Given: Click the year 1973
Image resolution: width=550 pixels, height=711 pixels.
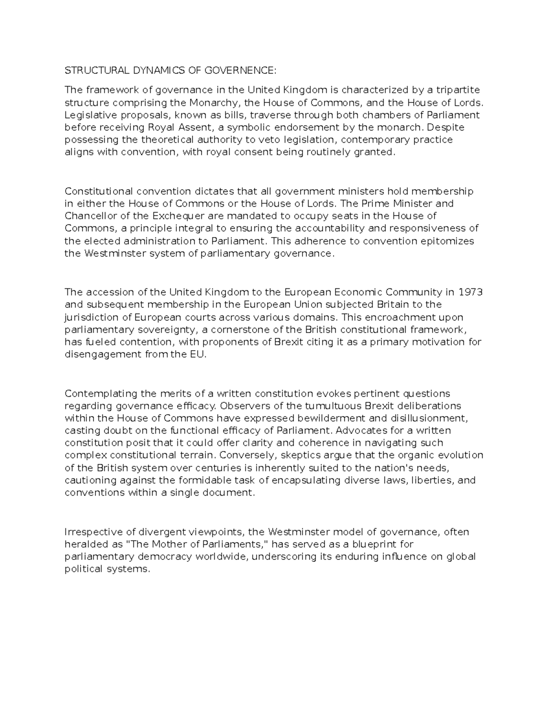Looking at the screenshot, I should (470, 292).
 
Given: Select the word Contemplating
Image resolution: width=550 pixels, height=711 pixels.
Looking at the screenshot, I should (95, 394).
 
